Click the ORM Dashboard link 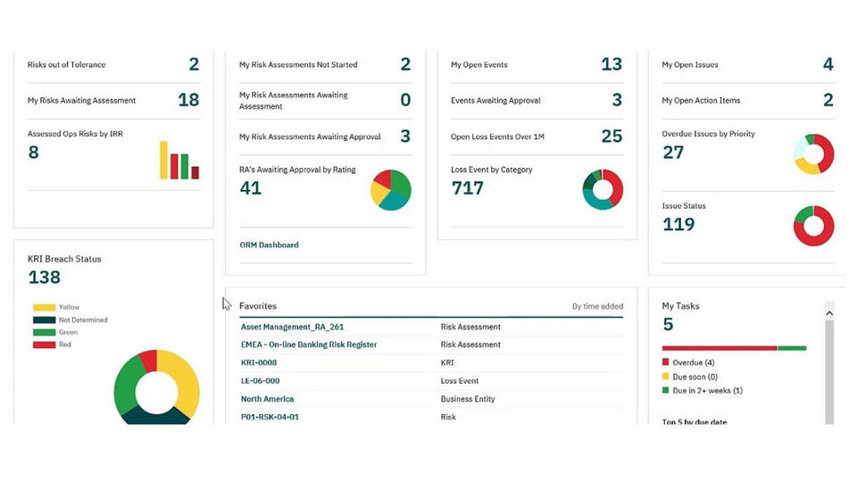[269, 245]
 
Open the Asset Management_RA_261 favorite [293, 327]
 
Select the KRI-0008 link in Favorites [259, 362]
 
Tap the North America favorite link [267, 399]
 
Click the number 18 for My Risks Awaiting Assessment [188, 100]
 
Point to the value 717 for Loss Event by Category [467, 188]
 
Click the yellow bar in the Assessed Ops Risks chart [163, 160]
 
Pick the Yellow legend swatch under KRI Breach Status [44, 308]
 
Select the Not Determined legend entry [70, 320]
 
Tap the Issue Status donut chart [813, 226]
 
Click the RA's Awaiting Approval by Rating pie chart [391, 190]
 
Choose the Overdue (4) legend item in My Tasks [688, 362]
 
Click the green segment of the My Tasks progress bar [792, 348]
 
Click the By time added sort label [597, 306]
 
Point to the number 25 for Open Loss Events [612, 136]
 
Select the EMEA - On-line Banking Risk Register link [309, 345]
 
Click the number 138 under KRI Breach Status [45, 277]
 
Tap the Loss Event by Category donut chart [603, 189]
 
